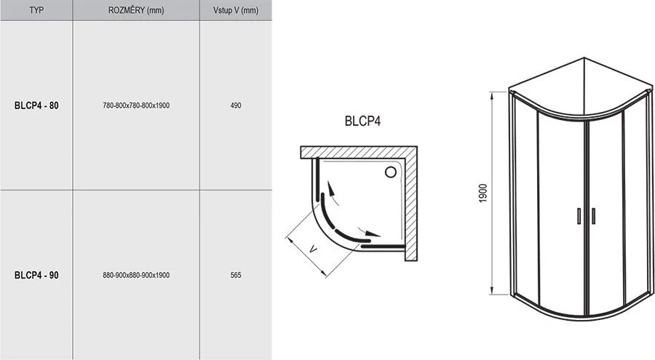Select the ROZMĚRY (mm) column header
click(x=136, y=10)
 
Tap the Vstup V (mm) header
click(x=235, y=10)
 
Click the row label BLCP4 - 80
click(x=36, y=105)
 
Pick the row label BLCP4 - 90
click(x=36, y=276)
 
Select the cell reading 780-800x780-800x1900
click(x=136, y=105)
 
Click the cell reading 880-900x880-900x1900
click(x=136, y=276)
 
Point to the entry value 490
click(x=235, y=105)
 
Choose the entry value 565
click(x=235, y=276)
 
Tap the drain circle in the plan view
click(x=390, y=172)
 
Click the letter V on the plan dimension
click(x=313, y=249)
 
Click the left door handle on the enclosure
click(x=579, y=215)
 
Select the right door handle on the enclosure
click(x=593, y=215)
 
